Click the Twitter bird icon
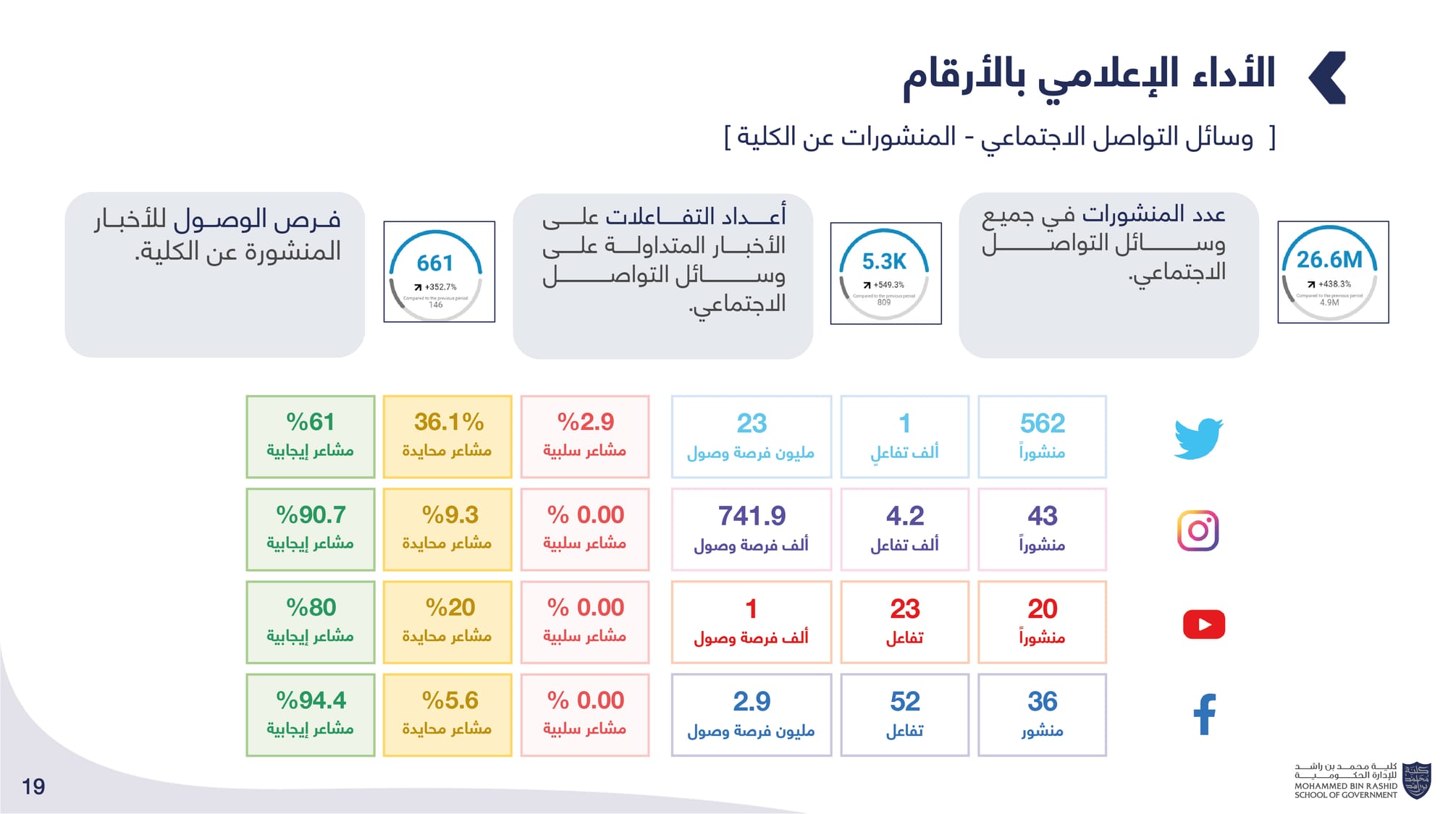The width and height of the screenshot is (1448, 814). point(1198,438)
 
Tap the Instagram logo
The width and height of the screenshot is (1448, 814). point(1198,530)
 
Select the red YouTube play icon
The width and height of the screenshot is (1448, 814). point(1203,624)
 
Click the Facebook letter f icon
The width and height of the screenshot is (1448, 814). point(1204,714)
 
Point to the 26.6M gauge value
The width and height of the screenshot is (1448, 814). point(1329,260)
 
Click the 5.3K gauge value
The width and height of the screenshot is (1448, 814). point(884,261)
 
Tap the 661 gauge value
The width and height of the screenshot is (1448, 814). point(435,263)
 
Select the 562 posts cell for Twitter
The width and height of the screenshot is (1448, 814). point(1042,436)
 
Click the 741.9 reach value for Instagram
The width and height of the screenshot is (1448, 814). point(752,517)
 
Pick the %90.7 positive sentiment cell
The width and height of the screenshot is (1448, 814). point(311,529)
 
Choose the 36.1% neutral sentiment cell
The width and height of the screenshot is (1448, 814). point(447,436)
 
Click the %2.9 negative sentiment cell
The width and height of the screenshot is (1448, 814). point(585,436)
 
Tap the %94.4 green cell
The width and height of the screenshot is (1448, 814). point(311,715)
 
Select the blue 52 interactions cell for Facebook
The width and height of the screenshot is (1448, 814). point(904,715)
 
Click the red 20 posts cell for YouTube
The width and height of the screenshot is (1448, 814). point(1042,622)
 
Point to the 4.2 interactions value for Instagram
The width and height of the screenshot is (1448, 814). point(904,517)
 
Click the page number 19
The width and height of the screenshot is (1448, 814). point(33,787)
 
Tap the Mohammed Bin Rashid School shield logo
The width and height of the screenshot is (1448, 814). point(1416,780)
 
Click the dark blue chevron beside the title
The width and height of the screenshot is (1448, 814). point(1329,77)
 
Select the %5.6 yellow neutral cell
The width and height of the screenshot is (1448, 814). point(447,715)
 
